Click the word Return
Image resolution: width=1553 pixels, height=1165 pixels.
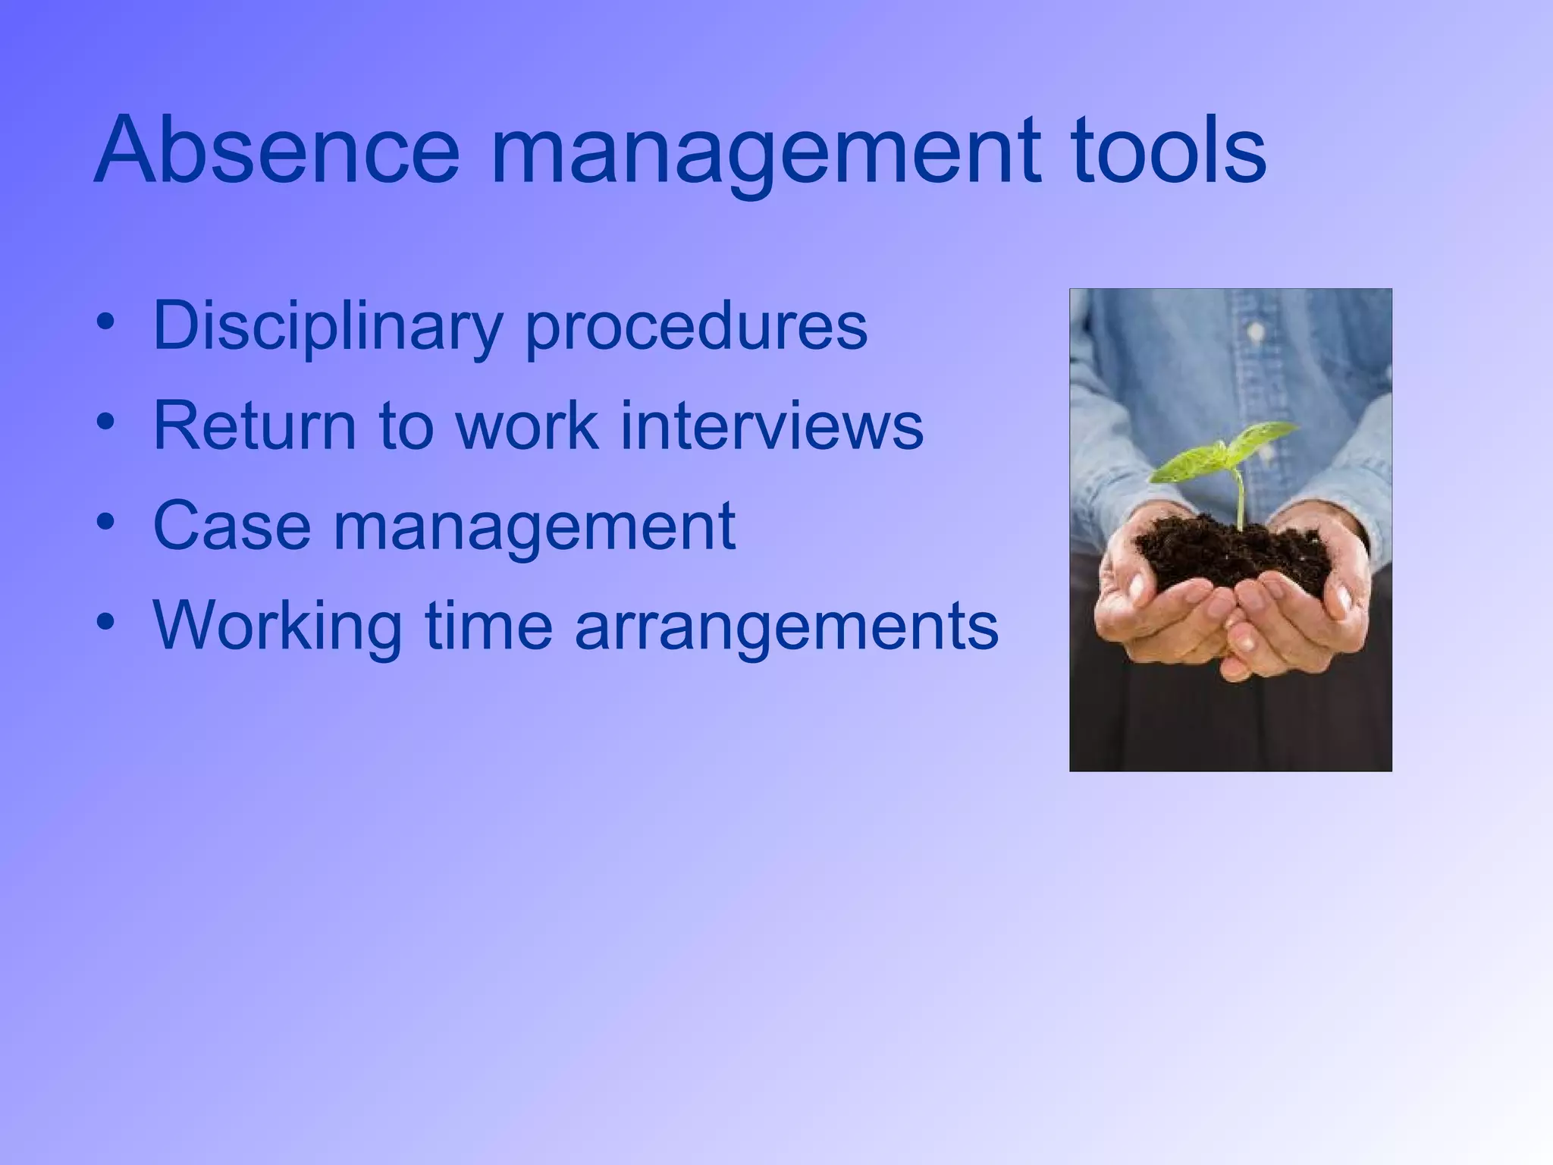(254, 426)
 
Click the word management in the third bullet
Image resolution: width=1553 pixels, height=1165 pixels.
(534, 529)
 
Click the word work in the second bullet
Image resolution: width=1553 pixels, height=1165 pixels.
(527, 426)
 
